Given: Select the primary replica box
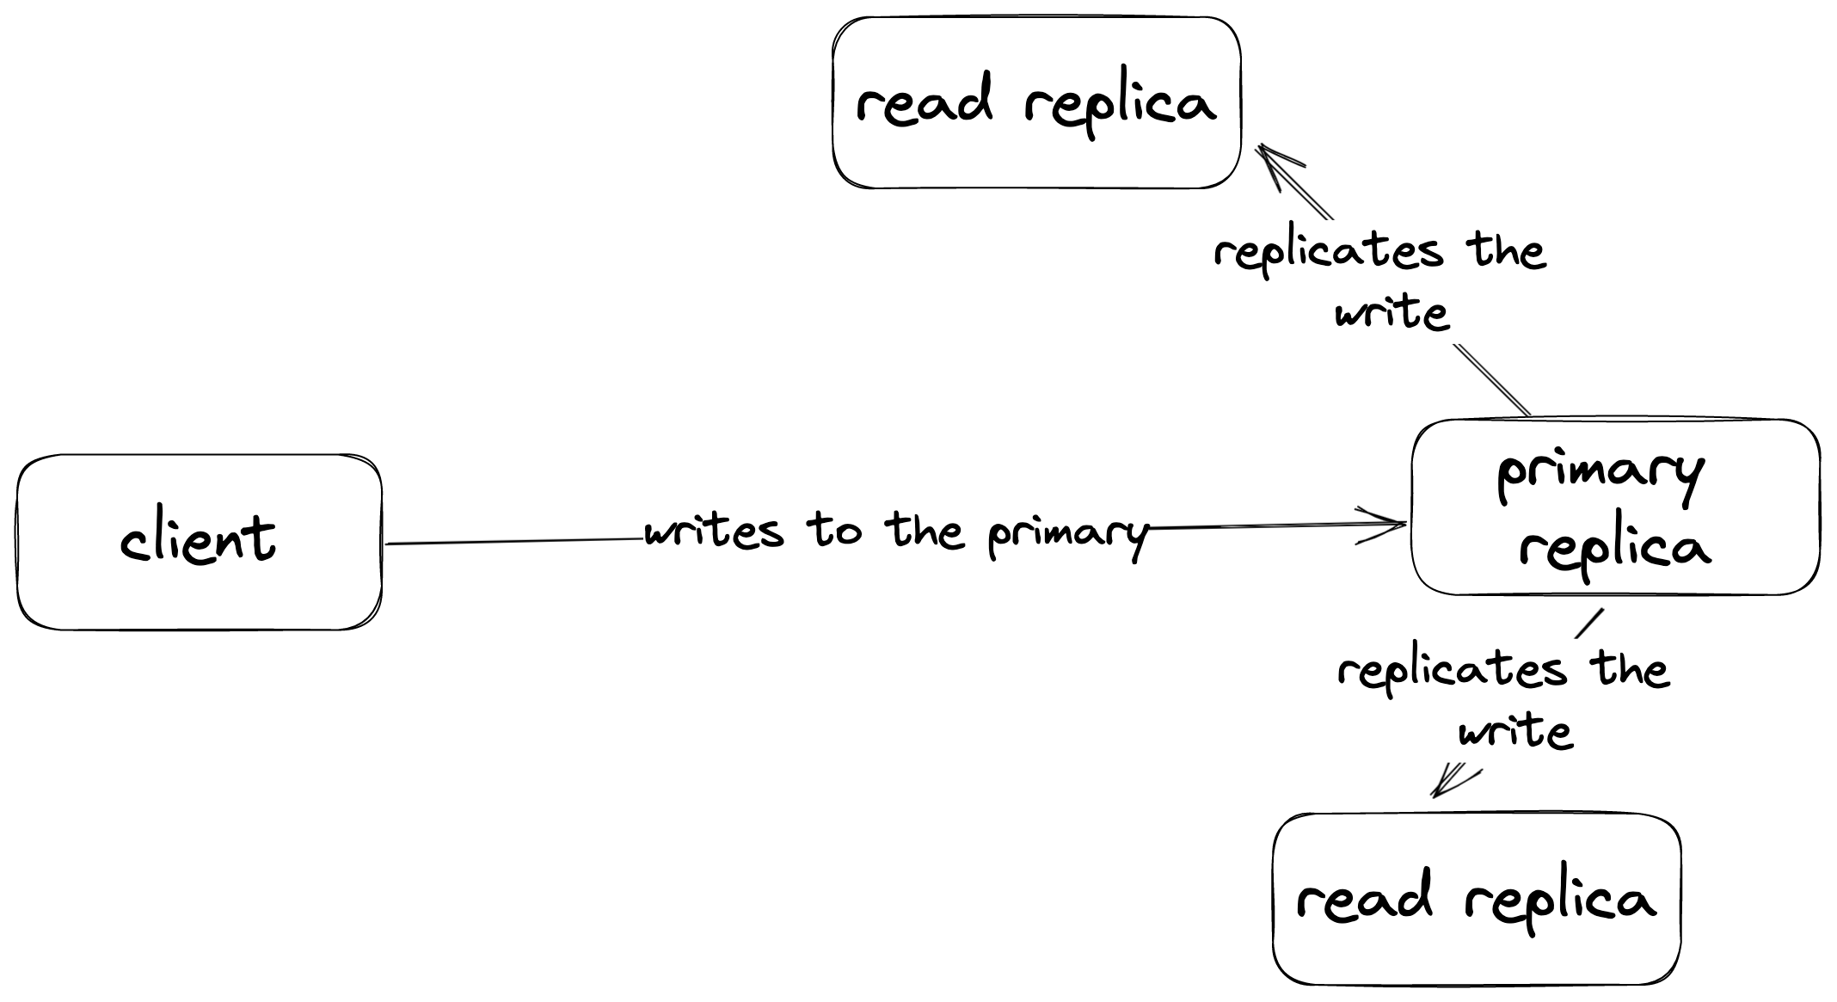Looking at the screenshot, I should click(x=1615, y=508).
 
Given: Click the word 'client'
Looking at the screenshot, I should click(x=199, y=539).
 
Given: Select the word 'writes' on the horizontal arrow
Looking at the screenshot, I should click(x=714, y=532).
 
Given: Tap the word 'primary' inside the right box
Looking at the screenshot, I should click(x=1600, y=474).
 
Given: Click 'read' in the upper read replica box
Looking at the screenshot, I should click(x=924, y=102).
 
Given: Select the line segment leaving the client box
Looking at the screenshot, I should click(x=516, y=541).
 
